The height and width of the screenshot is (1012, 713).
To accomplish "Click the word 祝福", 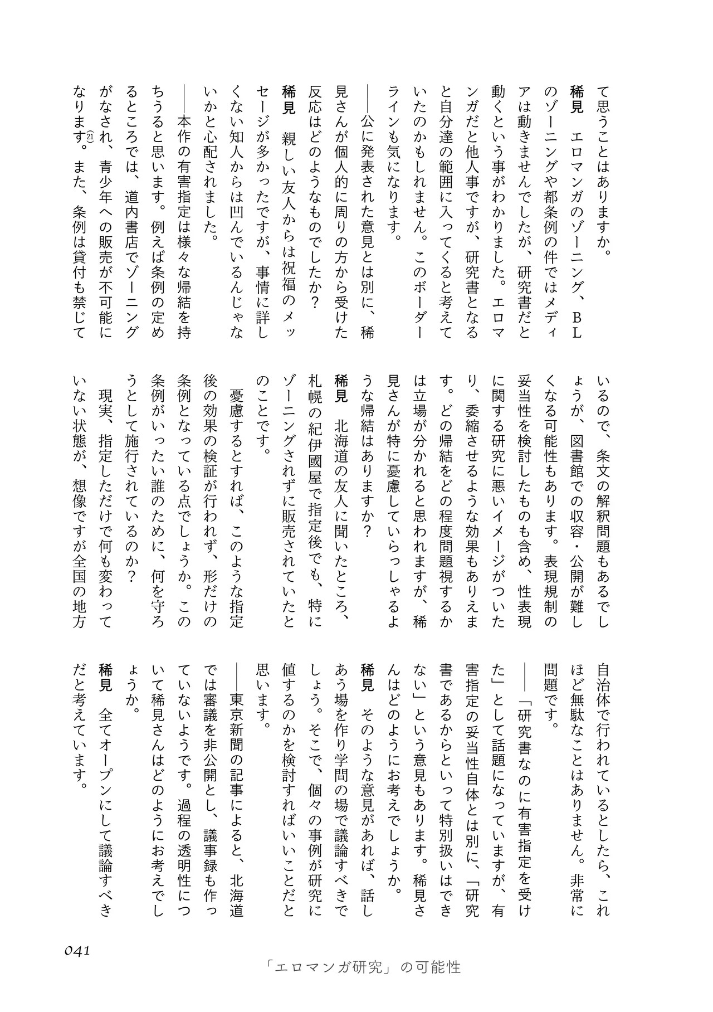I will point(289,278).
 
